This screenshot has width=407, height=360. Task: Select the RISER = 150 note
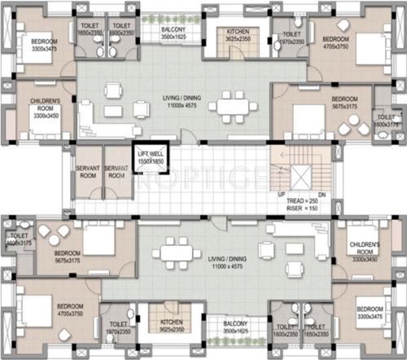301,209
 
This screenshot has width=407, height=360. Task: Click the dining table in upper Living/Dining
239,106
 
